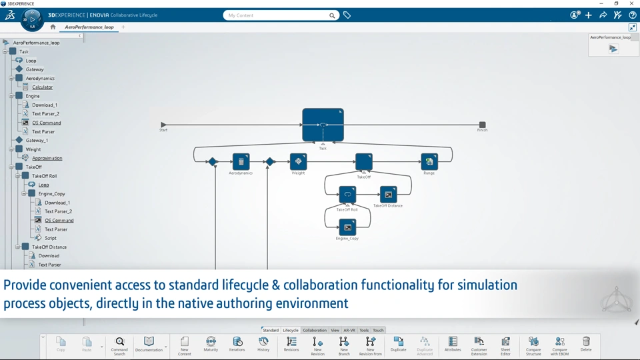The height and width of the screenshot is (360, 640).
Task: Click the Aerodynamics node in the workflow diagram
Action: pyautogui.click(x=241, y=161)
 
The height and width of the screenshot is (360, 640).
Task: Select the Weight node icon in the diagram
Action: pyautogui.click(x=298, y=161)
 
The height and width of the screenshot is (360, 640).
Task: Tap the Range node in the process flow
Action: pyautogui.click(x=429, y=161)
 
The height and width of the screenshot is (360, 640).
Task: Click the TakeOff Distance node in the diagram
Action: pyautogui.click(x=388, y=195)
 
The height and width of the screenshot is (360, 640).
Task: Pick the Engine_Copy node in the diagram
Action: pyautogui.click(x=347, y=227)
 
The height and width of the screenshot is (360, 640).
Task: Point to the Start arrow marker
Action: pyautogui.click(x=163, y=125)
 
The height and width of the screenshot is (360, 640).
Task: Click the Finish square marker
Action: pyautogui.click(x=482, y=125)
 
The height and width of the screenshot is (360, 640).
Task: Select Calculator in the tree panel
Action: pyautogui.click(x=42, y=87)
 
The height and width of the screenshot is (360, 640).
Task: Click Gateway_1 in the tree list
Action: pyautogui.click(x=37, y=141)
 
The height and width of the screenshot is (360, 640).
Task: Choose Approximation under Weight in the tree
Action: pyautogui.click(x=47, y=158)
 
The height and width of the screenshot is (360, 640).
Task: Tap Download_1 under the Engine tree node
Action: pyautogui.click(x=45, y=105)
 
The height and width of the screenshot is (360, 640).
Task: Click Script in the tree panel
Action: pyautogui.click(x=51, y=238)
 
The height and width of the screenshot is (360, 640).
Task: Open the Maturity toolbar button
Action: pyautogui.click(x=211, y=345)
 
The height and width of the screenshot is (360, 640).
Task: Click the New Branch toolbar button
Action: pyautogui.click(x=344, y=345)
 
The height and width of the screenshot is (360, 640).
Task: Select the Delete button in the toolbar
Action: pyautogui.click(x=586, y=345)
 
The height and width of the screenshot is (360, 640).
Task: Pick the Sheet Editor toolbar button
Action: pyautogui.click(x=505, y=345)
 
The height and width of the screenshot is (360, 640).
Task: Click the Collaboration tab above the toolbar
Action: pyautogui.click(x=315, y=330)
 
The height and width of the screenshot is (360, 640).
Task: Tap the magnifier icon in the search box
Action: pyautogui.click(x=332, y=15)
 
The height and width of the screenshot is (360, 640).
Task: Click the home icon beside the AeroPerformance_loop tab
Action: pyautogui.click(x=53, y=27)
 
